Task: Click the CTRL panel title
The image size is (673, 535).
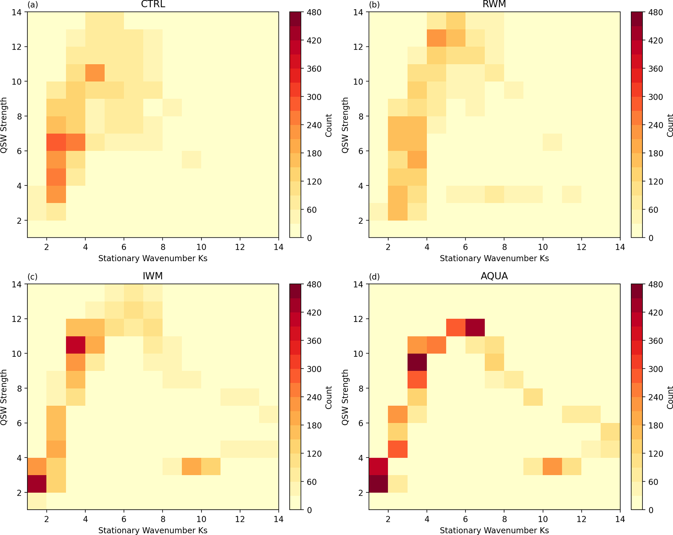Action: coord(153,4)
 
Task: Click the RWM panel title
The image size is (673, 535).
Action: coord(494,4)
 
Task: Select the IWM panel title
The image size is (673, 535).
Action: coord(153,276)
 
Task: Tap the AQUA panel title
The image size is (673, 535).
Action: coord(494,276)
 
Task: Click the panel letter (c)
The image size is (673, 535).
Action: coord(32,276)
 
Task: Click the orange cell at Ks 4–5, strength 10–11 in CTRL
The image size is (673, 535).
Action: coord(95,73)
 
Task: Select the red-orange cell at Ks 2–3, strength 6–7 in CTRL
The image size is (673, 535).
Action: coord(56,142)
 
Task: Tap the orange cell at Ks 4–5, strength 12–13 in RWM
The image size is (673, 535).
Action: coord(436,38)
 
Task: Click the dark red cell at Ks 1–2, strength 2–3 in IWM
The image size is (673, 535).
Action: coord(37,484)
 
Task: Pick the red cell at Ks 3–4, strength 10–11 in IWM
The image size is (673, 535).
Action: coord(76,345)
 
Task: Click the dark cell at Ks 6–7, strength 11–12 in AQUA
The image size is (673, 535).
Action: coord(475,328)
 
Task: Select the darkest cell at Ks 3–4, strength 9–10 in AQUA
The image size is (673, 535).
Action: coord(417,362)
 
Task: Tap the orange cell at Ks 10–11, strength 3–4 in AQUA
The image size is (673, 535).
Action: coord(552,466)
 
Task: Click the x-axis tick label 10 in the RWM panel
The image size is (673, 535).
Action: coord(543,247)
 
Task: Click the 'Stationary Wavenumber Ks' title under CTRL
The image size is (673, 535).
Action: coord(153,258)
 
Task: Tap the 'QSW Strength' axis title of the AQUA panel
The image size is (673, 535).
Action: coord(345,397)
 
